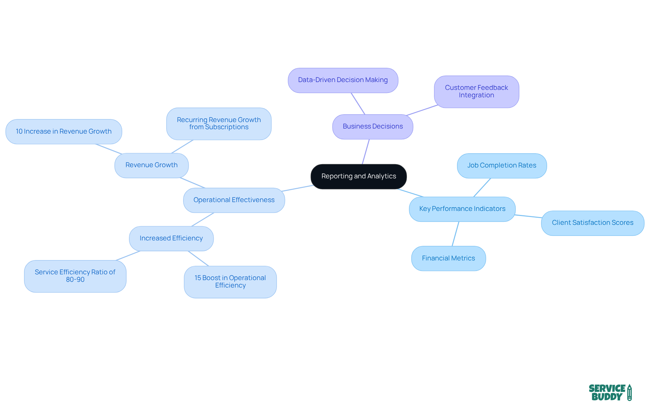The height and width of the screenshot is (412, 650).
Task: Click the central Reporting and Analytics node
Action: point(359,176)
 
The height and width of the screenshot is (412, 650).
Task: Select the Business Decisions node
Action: point(372,126)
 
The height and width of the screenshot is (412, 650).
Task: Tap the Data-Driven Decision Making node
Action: point(343,80)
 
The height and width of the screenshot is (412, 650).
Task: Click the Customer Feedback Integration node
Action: point(476,92)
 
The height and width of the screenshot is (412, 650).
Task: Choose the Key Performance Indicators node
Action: point(462,209)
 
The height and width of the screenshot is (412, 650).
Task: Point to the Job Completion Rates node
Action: point(502,165)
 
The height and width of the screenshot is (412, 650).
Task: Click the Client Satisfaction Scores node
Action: point(592,223)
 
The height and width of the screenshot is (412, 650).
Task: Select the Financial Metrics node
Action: point(448,258)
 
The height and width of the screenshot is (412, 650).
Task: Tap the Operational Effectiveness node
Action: point(234,200)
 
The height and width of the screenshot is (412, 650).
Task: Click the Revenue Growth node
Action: point(151,165)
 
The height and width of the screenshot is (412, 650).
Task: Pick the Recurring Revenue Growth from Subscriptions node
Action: point(219,123)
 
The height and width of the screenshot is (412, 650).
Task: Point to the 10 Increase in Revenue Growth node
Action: point(64,132)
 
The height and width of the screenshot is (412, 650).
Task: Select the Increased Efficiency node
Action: point(171,238)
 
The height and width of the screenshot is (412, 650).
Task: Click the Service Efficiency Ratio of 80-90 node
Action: point(75,276)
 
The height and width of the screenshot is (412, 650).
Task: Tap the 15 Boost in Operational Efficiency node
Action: point(230,282)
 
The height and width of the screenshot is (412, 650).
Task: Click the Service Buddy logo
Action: point(610,393)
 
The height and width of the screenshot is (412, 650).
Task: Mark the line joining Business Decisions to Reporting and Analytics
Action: point(366,152)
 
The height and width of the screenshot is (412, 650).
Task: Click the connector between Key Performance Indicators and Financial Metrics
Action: point(455,234)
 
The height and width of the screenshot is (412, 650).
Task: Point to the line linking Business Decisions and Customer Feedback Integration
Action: point(422,110)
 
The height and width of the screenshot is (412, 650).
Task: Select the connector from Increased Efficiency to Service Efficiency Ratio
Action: point(128,256)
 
